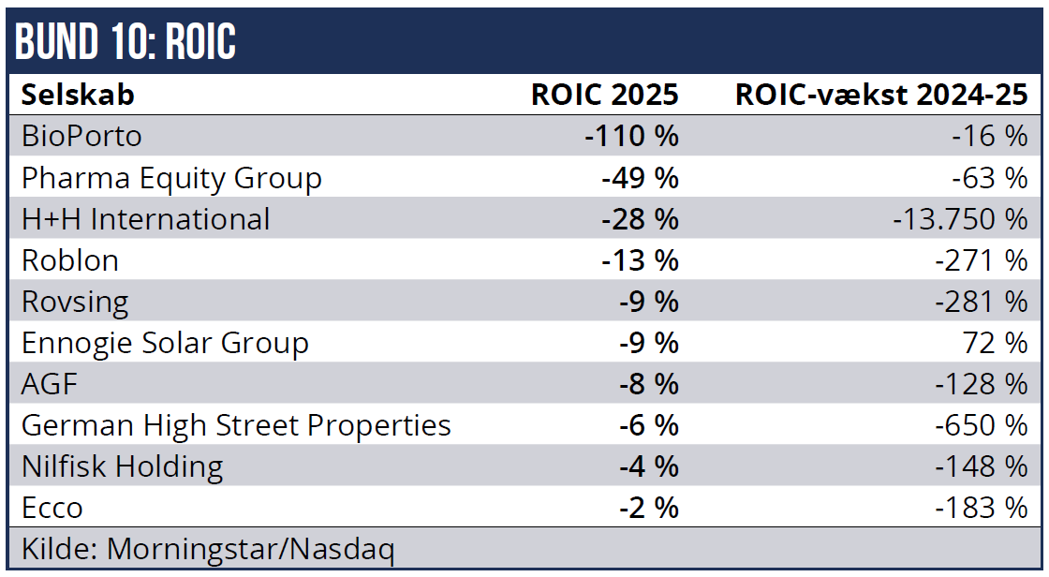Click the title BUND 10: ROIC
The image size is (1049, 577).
(126, 41)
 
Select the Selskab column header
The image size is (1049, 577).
(78, 95)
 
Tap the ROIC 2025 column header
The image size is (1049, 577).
(604, 95)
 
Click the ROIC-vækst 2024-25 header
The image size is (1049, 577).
(881, 95)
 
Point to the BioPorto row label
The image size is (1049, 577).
(81, 137)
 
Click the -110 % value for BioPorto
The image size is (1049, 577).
(631, 137)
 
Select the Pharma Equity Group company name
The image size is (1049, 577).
(171, 178)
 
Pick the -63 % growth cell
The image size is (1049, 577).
(987, 178)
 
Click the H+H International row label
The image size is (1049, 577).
(145, 219)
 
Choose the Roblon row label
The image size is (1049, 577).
(70, 260)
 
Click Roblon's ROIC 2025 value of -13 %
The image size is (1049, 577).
(640, 260)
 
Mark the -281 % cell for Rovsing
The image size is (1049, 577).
(981, 302)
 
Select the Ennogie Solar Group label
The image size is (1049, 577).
(165, 343)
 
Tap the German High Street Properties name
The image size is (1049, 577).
(236, 425)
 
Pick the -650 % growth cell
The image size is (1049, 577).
(981, 425)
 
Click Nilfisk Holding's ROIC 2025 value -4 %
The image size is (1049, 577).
(648, 466)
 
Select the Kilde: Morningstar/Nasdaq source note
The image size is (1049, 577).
(208, 549)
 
